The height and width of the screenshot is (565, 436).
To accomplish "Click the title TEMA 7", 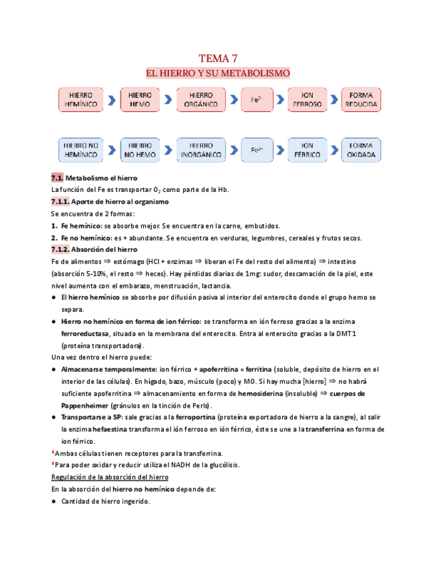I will [218, 58].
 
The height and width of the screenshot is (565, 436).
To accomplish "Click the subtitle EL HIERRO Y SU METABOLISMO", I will [218, 73].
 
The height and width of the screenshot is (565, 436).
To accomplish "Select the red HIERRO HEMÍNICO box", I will [81, 99].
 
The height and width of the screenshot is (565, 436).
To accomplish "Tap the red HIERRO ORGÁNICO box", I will [200, 99].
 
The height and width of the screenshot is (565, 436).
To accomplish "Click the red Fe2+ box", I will [256, 99].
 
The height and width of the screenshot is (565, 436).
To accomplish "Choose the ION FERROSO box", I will [307, 99].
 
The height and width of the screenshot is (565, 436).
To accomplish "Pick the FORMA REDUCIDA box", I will [361, 99].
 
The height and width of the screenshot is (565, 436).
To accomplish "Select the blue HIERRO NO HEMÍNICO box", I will [81, 150].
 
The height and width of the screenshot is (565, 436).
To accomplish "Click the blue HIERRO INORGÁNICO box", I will [200, 150].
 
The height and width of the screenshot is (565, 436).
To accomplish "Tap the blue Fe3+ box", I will [256, 150].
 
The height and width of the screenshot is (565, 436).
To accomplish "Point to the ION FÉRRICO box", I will [307, 150].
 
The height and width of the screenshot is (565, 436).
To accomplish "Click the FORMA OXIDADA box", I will [361, 150].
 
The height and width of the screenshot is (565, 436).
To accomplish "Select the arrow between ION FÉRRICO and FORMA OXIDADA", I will [333, 150].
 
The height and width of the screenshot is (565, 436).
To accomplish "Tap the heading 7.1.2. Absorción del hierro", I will [94, 249].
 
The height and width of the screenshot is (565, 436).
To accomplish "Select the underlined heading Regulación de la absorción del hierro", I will [109, 477].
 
